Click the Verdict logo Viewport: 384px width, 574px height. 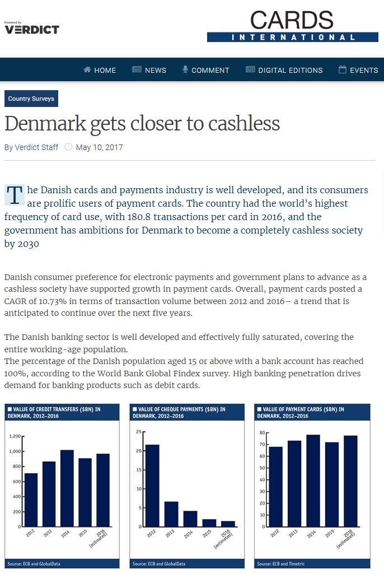[x=32, y=29]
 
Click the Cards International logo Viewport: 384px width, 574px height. [x=292, y=26]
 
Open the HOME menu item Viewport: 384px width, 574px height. [x=100, y=70]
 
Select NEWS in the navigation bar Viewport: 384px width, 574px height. [x=149, y=70]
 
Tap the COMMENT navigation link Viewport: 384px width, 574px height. [x=205, y=70]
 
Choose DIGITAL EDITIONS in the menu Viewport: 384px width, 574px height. [x=284, y=70]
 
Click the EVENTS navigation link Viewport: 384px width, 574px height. [x=358, y=70]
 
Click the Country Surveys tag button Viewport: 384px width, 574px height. [x=31, y=99]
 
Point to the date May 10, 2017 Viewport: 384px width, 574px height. [x=99, y=147]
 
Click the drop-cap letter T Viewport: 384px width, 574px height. [x=15, y=195]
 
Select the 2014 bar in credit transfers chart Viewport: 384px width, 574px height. [x=67, y=488]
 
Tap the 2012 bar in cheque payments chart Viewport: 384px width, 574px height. [x=152, y=485]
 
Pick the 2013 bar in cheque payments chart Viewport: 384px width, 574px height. [x=171, y=514]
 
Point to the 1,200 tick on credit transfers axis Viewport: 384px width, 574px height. [x=15, y=436]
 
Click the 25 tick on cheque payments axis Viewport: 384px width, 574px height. [x=138, y=432]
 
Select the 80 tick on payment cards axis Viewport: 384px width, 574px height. [x=262, y=433]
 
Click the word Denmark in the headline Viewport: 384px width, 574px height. [x=45, y=124]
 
